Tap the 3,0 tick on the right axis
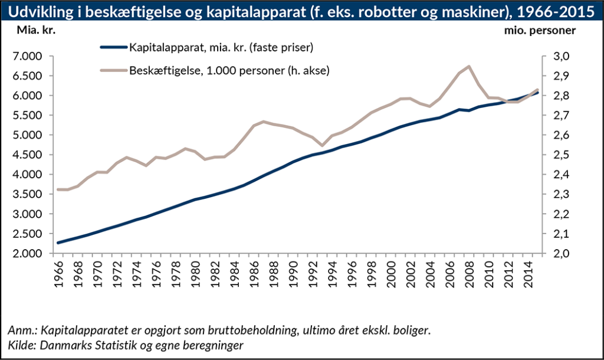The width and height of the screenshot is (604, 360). pos(561,57)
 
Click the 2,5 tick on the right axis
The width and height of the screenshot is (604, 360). pos(561,155)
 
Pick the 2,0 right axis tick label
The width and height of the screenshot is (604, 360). pos(561,254)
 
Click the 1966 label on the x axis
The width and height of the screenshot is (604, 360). pos(59,273)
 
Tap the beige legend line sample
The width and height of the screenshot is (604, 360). pos(113,70)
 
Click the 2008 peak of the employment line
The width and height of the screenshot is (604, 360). pos(468,66)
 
